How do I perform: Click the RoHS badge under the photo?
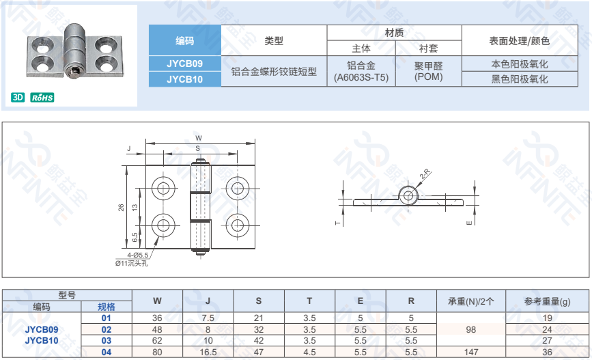click(x=42, y=98)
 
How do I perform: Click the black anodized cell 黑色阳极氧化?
click(x=520, y=79)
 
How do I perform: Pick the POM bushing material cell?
click(x=428, y=71)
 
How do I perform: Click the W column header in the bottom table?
click(x=157, y=301)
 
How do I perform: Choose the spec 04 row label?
click(x=106, y=352)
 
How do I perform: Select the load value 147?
click(x=470, y=352)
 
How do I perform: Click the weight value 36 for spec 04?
click(x=547, y=352)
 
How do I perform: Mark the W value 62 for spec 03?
click(x=157, y=340)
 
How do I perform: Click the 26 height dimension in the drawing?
click(x=121, y=207)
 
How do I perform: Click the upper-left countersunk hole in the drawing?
click(x=163, y=188)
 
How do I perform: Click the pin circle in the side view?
click(x=408, y=195)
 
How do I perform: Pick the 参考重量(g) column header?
click(x=547, y=301)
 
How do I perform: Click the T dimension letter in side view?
click(x=337, y=223)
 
